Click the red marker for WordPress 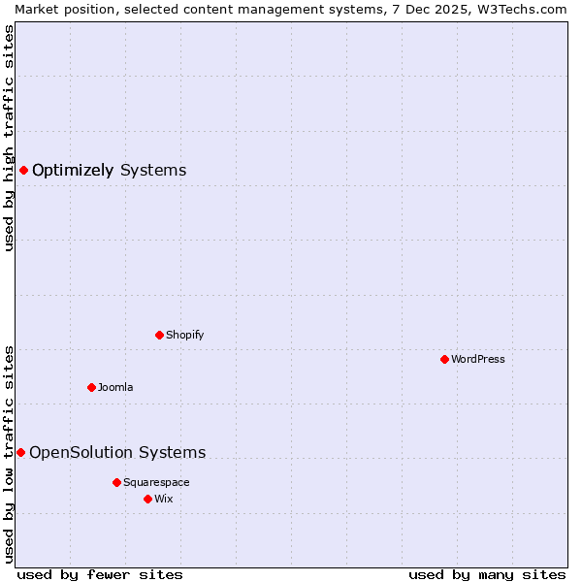(x=444, y=359)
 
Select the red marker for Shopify (x=159, y=335)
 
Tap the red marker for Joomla (x=91, y=387)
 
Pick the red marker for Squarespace (x=116, y=482)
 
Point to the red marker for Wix (x=147, y=499)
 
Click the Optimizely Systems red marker (x=23, y=171)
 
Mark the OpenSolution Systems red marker (x=20, y=452)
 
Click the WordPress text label (x=478, y=359)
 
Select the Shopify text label (x=184, y=335)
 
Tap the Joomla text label (x=115, y=387)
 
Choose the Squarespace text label (x=156, y=482)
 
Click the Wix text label (x=163, y=499)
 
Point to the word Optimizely (x=73, y=171)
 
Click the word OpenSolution (x=81, y=452)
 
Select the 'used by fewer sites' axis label (x=100, y=574)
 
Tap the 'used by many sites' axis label (x=487, y=574)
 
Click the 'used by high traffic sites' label (x=9, y=138)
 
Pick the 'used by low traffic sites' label (x=9, y=453)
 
